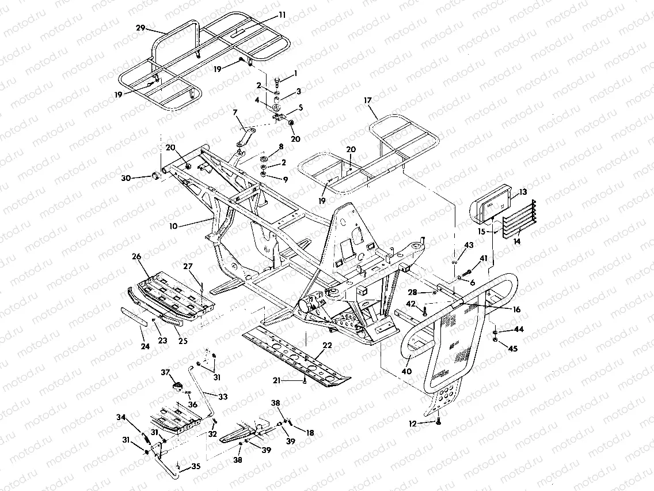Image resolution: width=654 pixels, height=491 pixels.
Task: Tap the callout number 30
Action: [126, 177]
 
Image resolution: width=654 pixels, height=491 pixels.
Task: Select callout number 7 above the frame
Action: [235, 111]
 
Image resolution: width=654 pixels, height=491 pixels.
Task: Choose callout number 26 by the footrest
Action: [136, 256]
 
